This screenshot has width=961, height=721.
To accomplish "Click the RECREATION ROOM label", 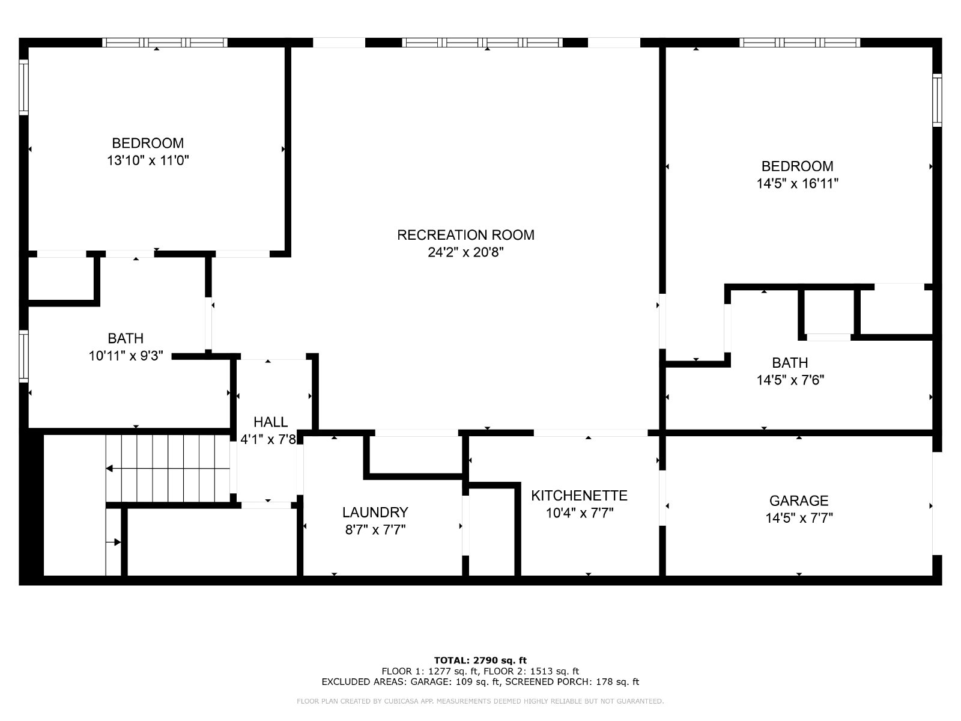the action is (x=465, y=235).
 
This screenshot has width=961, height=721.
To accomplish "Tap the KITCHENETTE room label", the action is (x=579, y=496).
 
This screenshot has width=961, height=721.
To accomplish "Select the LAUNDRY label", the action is (x=375, y=512).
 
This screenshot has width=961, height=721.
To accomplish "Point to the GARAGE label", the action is (x=799, y=501).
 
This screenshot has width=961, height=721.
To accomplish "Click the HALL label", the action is (x=270, y=422).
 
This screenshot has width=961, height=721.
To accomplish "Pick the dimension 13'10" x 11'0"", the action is (x=148, y=160).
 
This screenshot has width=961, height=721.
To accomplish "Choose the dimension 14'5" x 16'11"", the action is (x=797, y=183).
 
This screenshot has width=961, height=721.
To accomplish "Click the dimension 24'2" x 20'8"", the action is (x=465, y=252).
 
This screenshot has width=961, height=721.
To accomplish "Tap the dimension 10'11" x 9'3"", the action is (x=126, y=356).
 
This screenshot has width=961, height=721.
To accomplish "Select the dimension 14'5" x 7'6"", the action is (x=790, y=380).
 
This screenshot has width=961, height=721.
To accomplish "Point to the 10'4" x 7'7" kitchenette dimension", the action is (x=579, y=513).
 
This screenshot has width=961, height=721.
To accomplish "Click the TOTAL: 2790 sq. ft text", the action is (x=480, y=660).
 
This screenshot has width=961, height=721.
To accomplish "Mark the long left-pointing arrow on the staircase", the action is (x=168, y=469).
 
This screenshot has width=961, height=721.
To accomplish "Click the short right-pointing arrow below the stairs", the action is (x=114, y=543).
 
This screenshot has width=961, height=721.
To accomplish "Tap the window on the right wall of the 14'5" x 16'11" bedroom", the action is (x=937, y=100).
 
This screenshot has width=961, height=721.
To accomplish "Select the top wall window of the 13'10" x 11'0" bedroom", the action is (x=165, y=43).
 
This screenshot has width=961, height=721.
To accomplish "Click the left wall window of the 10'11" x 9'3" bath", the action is (x=23, y=356).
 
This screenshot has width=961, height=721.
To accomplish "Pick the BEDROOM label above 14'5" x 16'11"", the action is (x=797, y=166).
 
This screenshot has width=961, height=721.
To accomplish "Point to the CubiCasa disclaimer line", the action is (x=480, y=701).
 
